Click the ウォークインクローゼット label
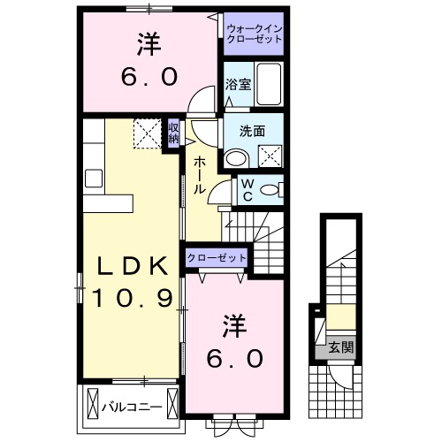[253, 34]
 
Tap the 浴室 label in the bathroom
[238, 86]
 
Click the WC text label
[248, 190]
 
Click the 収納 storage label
[174, 133]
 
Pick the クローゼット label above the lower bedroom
[217, 257]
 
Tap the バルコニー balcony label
[128, 408]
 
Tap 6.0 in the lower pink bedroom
[233, 358]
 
